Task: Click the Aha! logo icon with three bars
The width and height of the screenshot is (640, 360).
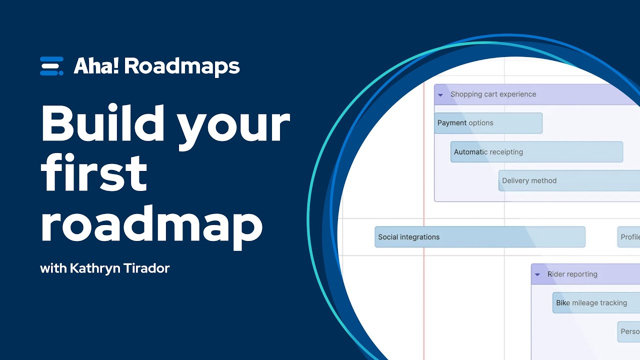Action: pyautogui.click(x=51, y=66)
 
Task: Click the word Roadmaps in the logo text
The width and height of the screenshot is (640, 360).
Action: pyautogui.click(x=182, y=66)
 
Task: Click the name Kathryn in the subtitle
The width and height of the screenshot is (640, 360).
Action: pyautogui.click(x=93, y=268)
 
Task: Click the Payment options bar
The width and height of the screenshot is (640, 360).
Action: pyautogui.click(x=487, y=123)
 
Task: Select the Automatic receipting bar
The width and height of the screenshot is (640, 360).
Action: pyautogui.click(x=536, y=152)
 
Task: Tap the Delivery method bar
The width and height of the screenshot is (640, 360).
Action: pyautogui.click(x=569, y=180)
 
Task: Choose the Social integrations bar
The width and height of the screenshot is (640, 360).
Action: pyautogui.click(x=479, y=237)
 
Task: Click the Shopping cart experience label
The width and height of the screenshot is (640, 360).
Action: pyautogui.click(x=493, y=94)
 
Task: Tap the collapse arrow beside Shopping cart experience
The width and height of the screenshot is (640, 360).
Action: pyautogui.click(x=440, y=94)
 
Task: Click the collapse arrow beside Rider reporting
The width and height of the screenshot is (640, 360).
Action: pyautogui.click(x=537, y=274)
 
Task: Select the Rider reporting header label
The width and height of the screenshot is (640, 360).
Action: pyautogui.click(x=572, y=274)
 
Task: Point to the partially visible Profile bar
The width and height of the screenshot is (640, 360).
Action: pyautogui.click(x=629, y=237)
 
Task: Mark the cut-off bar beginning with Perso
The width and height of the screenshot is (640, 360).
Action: pyautogui.click(x=629, y=331)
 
